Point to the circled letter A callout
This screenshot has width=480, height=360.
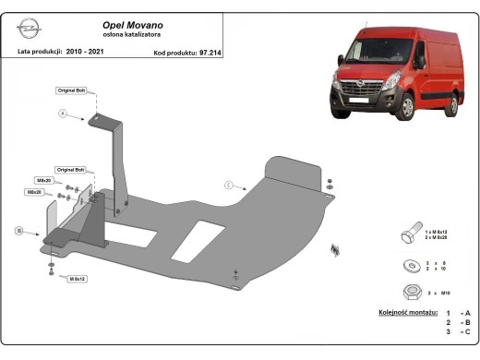64,114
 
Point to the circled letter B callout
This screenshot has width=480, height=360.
18,230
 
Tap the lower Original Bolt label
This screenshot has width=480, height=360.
70,171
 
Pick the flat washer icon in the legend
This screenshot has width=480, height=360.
408,267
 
